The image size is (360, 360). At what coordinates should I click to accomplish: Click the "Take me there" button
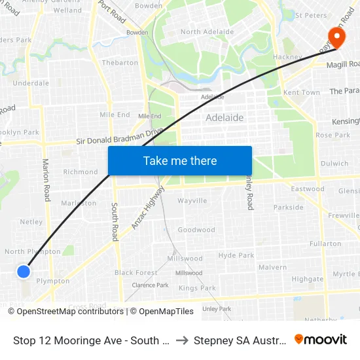point(180,160)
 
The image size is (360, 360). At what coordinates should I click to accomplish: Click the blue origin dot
point(24,271)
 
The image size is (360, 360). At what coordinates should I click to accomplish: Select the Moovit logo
point(321,339)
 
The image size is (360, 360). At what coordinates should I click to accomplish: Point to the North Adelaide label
point(207,31)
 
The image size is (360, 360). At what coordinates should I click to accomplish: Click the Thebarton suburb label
point(120,63)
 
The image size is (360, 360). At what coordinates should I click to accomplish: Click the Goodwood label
point(196,230)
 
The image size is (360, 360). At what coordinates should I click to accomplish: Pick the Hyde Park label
point(236,255)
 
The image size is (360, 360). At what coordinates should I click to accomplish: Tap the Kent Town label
point(302,92)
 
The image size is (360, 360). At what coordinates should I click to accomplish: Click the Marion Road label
point(46,178)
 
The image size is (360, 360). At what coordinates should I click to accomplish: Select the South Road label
point(115,221)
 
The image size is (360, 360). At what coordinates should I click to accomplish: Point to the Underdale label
point(31,83)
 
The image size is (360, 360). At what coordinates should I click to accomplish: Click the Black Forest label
point(135,272)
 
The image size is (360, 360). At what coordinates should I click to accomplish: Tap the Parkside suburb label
point(289,207)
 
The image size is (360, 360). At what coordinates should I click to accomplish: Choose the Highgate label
point(308,279)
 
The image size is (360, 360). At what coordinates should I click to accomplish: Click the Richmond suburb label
point(81,172)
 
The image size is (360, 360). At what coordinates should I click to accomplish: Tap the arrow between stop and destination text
point(183,340)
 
